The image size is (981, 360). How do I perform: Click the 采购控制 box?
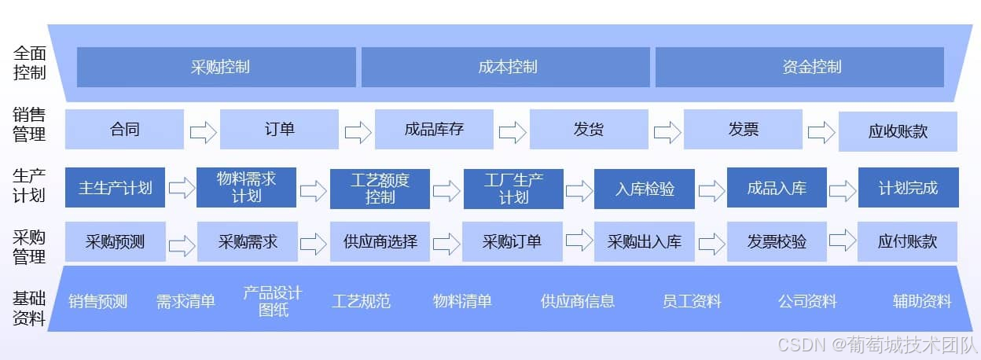[216, 67]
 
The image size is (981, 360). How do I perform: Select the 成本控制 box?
[505, 67]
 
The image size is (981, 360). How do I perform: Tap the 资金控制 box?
[799, 67]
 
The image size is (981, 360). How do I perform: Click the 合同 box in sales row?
[124, 129]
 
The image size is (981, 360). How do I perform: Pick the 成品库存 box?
[434, 129]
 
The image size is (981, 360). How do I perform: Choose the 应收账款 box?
[898, 131]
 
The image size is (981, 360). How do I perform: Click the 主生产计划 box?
[115, 188]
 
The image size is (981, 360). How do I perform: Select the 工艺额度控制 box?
[380, 189]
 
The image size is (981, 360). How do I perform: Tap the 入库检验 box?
[644, 189]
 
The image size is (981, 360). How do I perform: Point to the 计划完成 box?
[908, 188]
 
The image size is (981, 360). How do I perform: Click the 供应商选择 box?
[380, 241]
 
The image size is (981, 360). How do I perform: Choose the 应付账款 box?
[908, 241]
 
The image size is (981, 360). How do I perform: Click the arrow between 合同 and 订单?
[203, 131]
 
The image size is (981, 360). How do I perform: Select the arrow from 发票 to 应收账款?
[821, 131]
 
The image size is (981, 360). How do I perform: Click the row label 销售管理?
[29, 124]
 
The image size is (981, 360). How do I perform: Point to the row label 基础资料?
[29, 309]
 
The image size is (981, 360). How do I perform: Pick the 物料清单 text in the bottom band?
[462, 301]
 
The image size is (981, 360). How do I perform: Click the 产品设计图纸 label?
[273, 301]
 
